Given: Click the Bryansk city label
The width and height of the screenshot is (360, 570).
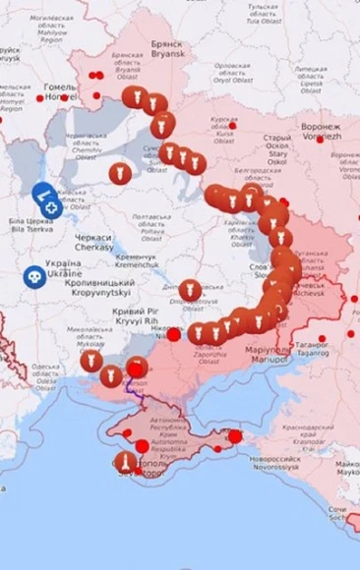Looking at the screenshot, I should (166, 50).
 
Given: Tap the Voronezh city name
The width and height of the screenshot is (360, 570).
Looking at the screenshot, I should (321, 133).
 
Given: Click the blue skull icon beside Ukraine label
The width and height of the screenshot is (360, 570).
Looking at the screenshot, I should (34, 277).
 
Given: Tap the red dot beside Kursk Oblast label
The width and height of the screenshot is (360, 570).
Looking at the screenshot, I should (232, 125).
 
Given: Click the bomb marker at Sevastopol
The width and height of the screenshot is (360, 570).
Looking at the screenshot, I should (125, 461).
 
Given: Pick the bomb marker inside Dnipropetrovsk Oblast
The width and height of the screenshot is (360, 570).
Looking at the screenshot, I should (190, 290).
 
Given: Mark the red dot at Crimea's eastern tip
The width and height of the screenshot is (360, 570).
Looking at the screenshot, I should (234, 436).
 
